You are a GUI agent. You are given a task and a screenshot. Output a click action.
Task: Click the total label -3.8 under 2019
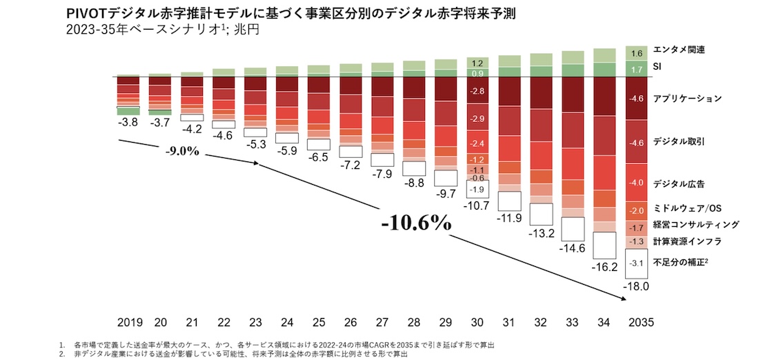pos(128,123)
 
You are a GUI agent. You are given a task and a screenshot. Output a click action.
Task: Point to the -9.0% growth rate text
pos(183,151)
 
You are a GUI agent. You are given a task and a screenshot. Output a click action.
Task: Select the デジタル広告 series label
pos(683,183)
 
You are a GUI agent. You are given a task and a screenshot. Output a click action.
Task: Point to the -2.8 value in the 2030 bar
pos(477,91)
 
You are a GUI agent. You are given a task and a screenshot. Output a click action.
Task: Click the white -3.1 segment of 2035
pos(637,263)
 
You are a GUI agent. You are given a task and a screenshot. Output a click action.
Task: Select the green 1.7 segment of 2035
pos(637,69)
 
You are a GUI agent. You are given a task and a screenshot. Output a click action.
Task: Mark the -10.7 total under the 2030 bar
pos(477,206)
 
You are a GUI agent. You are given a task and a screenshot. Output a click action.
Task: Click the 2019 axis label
pos(128,322)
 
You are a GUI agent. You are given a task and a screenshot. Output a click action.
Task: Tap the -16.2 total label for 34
pos(605,266)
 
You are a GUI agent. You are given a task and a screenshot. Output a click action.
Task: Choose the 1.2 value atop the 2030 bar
pos(477,63)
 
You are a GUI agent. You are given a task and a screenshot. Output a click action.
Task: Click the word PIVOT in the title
pos(86,13)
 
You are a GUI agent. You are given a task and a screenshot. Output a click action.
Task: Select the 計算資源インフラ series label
pos(687,241)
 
